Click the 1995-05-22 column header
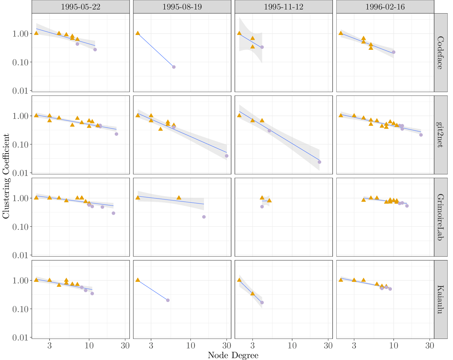pos(80,7)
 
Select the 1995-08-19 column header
pos(182,7)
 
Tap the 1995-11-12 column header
pos(283,7)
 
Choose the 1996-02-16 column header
pos(385,7)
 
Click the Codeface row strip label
pos(440,53)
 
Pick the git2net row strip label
pos(440,135)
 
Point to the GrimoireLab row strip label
pos(440,217)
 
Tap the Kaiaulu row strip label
pos(440,299)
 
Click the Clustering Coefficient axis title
pos(6,176)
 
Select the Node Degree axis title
pos(233,355)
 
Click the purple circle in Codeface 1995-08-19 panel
pos(174,67)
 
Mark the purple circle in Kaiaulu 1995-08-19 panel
pos(168,300)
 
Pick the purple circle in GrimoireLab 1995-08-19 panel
pos(204,217)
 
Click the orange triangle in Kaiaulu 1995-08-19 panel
pos(138,280)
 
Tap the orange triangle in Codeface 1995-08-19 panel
pos(138,33)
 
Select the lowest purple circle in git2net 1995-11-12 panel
pos(319,162)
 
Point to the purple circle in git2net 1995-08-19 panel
pos(226,156)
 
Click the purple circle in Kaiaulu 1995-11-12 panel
pos(262,302)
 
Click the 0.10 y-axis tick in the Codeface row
pos(20,62)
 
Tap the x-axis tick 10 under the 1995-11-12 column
pos(292,345)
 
